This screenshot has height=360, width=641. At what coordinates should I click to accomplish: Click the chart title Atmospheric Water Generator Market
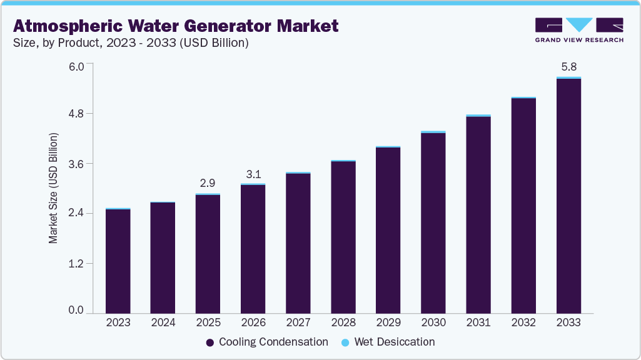176,26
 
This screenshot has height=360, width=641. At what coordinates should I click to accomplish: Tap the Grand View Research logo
578,29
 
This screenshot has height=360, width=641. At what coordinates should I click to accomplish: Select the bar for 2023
118,261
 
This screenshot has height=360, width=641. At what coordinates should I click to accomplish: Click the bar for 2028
343,237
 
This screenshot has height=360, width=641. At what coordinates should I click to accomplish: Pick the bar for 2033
568,195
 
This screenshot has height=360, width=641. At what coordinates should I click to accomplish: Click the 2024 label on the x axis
163,323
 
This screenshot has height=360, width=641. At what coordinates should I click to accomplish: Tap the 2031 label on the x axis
478,323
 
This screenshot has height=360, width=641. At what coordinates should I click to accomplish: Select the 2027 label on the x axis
298,323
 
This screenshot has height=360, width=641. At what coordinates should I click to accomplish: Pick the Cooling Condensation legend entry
267,342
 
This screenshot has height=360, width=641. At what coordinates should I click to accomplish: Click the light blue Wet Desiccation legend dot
346,342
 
